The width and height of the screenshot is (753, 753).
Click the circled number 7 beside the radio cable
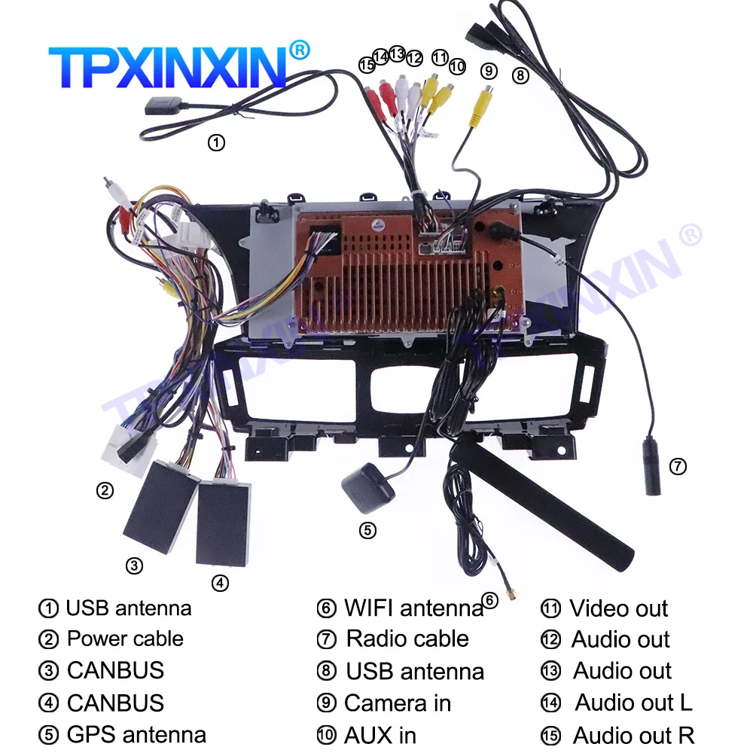click(x=678, y=466)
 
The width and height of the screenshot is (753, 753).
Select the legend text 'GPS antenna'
click(x=136, y=734)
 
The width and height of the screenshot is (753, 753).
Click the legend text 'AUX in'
click(x=380, y=735)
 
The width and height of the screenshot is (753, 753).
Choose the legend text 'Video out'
click(x=618, y=608)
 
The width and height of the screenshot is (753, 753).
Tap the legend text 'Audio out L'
click(x=633, y=703)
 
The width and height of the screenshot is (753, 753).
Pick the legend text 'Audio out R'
click(x=633, y=735)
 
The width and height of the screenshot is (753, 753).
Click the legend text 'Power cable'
click(x=125, y=639)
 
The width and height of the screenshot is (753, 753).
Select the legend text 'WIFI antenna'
click(x=413, y=608)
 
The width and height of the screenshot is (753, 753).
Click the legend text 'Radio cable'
click(x=407, y=639)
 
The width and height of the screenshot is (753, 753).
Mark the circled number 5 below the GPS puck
click(x=367, y=530)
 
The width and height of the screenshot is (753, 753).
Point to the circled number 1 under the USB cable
click(x=216, y=142)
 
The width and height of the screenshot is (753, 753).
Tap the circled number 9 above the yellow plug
click(x=489, y=71)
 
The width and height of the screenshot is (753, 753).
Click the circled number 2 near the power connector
click(x=105, y=491)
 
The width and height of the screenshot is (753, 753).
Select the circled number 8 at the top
click(x=520, y=75)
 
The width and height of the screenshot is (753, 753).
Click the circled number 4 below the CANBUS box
click(x=219, y=582)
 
